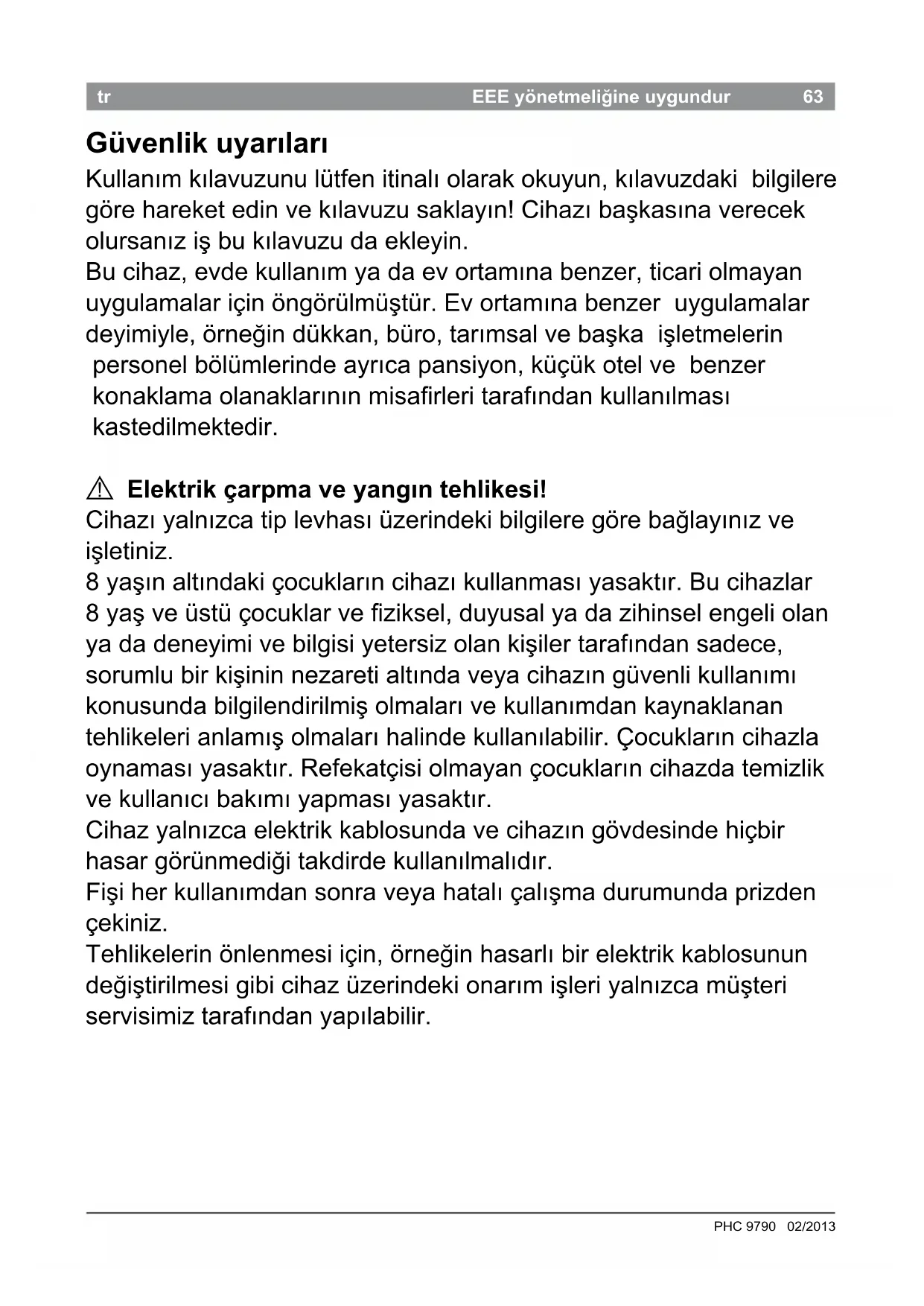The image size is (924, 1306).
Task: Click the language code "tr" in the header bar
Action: pyautogui.click(x=103, y=97)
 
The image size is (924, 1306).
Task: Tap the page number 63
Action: pyautogui.click(x=813, y=97)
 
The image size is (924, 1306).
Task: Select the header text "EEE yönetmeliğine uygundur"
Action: pyautogui.click(x=601, y=97)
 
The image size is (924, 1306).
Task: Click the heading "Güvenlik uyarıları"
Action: pyautogui.click(x=207, y=143)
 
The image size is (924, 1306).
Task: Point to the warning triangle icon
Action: pyautogui.click(x=99, y=489)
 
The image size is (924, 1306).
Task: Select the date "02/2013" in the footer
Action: pyautogui.click(x=811, y=1226)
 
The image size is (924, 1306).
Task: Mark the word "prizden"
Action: pyautogui.click(x=775, y=892)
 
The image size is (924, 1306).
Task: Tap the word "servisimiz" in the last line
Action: pyautogui.click(x=139, y=1016)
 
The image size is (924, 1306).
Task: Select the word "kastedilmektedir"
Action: pyautogui.click(x=185, y=427)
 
